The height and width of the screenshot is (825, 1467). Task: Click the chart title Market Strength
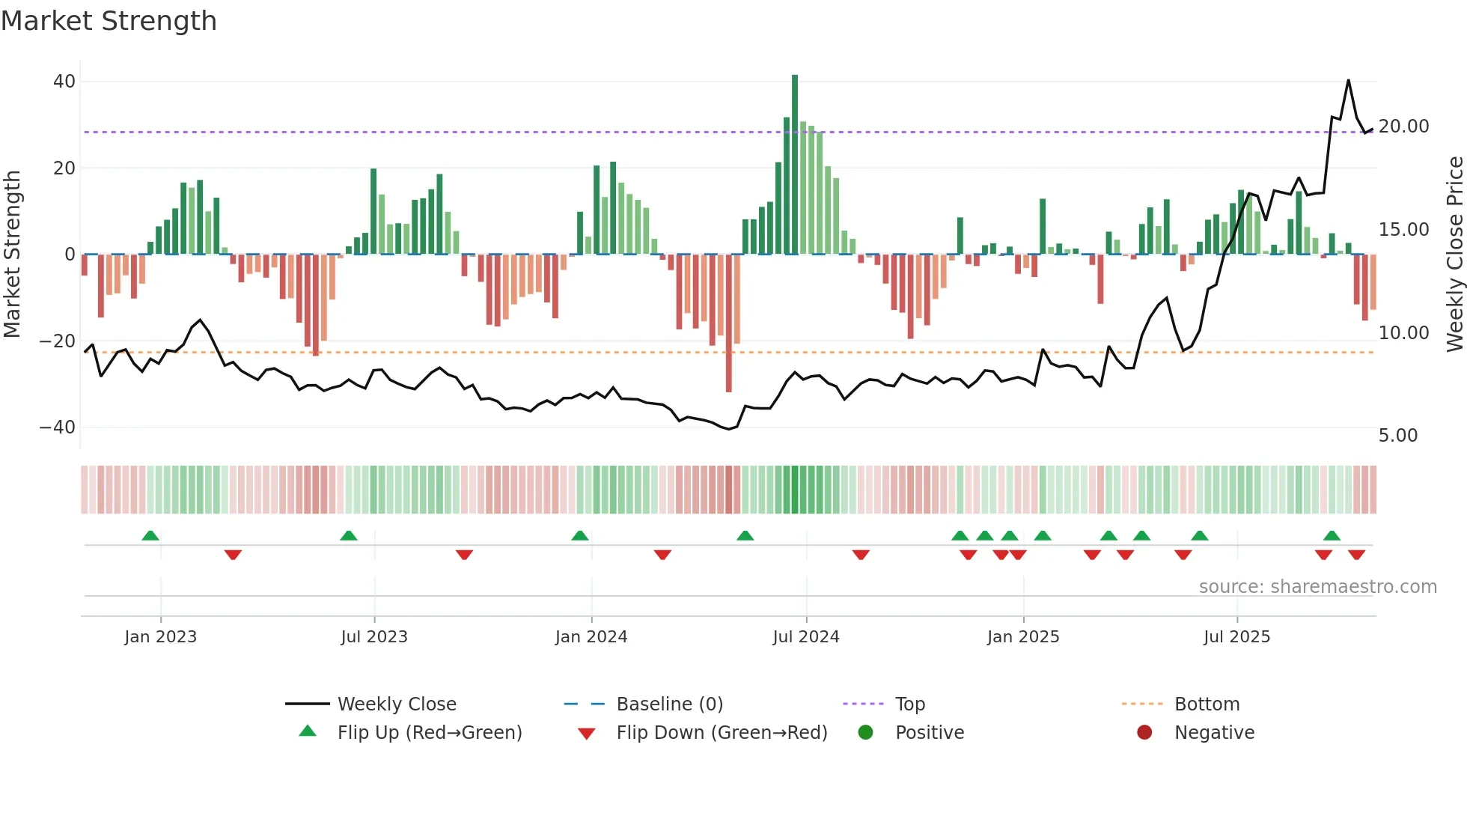(109, 21)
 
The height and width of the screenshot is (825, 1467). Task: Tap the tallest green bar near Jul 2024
(795, 165)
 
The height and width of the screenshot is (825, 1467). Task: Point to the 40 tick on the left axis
(64, 82)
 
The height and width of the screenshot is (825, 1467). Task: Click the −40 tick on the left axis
(58, 427)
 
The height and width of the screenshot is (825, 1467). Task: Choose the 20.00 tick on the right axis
(1403, 127)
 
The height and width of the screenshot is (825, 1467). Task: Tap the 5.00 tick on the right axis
(1397, 436)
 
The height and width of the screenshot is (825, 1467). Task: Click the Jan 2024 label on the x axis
(591, 637)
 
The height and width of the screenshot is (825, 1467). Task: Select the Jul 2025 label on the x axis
(1236, 637)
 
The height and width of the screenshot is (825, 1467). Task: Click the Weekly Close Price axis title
(1454, 255)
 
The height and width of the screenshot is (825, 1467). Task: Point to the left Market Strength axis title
(12, 255)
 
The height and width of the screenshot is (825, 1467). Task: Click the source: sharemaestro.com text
(1317, 587)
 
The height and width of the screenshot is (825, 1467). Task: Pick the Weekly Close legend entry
(396, 704)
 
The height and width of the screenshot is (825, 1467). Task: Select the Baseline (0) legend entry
(669, 704)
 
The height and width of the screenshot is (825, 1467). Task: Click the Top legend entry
(909, 704)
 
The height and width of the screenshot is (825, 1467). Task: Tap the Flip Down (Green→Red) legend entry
(721, 733)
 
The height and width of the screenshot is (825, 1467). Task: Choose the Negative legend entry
(1213, 733)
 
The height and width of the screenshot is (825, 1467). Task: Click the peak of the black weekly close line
(1348, 81)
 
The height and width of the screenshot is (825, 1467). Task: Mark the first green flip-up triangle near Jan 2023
(150, 535)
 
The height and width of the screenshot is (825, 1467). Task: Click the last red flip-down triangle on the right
(1356, 555)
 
